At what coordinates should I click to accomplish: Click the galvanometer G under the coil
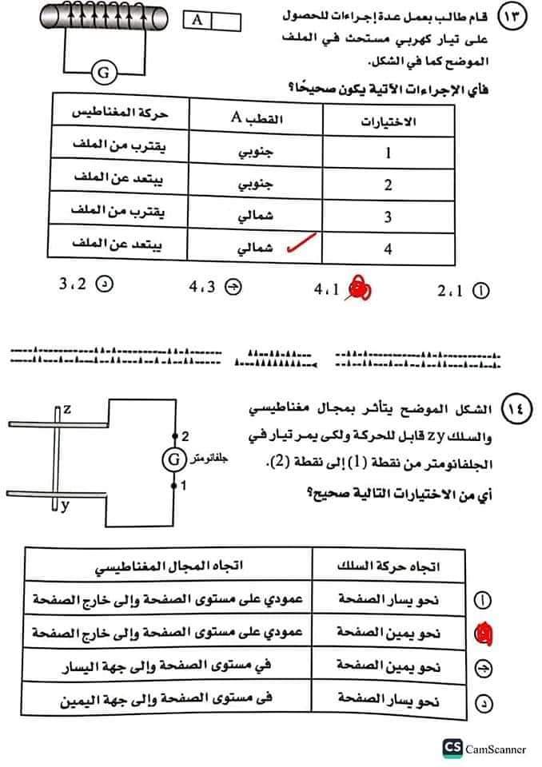102,74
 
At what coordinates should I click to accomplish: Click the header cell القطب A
257,120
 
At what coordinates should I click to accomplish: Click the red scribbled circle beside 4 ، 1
357,291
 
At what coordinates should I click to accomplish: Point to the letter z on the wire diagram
67,409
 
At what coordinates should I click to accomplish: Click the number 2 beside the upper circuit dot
185,436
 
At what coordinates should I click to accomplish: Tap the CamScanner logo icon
452,748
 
